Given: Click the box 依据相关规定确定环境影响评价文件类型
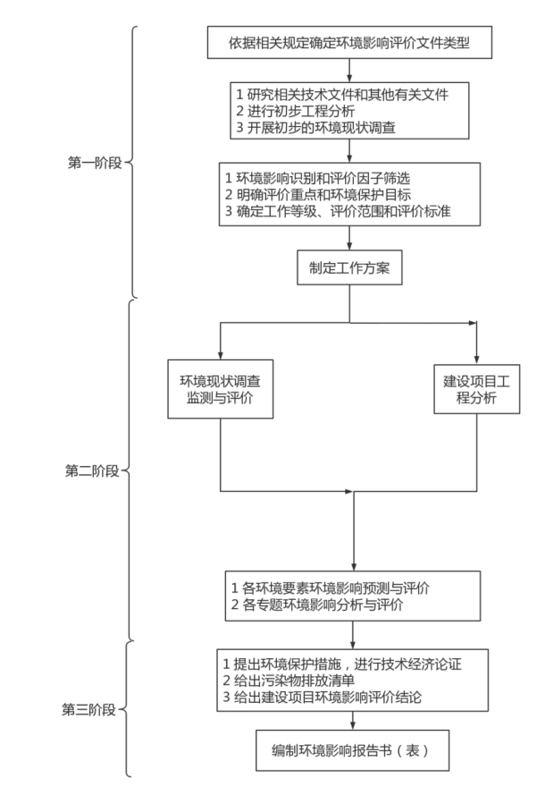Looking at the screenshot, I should [x=349, y=41].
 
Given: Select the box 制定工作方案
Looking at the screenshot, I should [x=349, y=266].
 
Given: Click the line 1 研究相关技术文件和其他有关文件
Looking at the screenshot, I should [x=340, y=93].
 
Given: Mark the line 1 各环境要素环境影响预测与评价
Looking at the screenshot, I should [x=330, y=588].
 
